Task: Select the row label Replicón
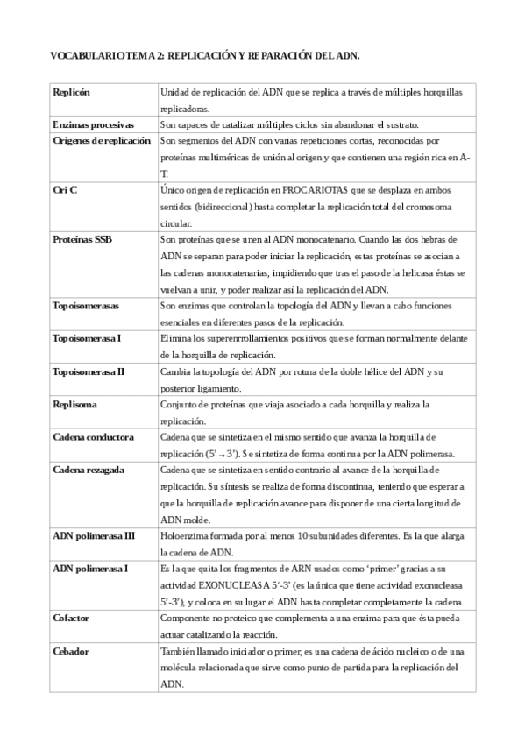click(x=71, y=92)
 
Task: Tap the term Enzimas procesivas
click(x=93, y=124)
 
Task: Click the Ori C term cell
click(x=65, y=190)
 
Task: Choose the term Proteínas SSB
click(x=82, y=239)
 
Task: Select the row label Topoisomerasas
click(x=86, y=306)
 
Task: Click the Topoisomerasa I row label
click(x=87, y=338)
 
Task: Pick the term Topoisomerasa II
click(x=89, y=371)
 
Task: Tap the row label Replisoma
click(x=74, y=404)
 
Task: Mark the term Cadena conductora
click(x=93, y=436)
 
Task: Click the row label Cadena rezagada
click(x=89, y=470)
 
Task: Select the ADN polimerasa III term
click(x=94, y=535)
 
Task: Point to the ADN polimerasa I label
click(x=90, y=569)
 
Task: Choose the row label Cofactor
click(x=71, y=618)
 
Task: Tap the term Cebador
click(x=70, y=651)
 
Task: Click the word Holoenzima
click(x=188, y=535)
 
